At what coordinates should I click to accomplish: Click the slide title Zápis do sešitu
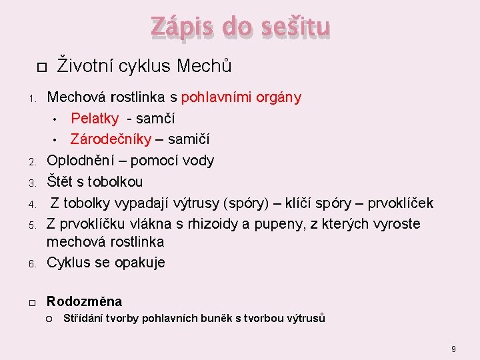click(x=240, y=27)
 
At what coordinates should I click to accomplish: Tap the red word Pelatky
click(x=95, y=119)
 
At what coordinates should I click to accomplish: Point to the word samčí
click(x=155, y=119)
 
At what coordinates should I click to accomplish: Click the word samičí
click(x=189, y=139)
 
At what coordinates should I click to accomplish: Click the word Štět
click(x=61, y=181)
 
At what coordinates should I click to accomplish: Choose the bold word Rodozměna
click(x=84, y=301)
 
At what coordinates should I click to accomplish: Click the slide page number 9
click(x=453, y=349)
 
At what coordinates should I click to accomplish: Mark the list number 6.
click(x=31, y=263)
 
